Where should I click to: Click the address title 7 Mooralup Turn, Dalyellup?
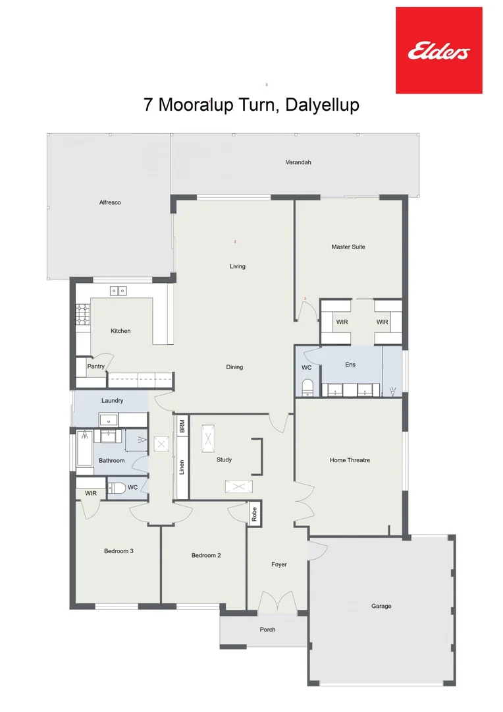(251, 105)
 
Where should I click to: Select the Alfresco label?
(110, 202)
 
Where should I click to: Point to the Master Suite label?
(348, 247)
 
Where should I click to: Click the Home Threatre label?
(350, 460)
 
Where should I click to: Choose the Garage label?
(381, 606)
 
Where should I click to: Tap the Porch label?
(267, 630)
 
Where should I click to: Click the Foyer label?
(279, 564)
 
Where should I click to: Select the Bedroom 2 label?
(206, 555)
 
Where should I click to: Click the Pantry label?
(96, 366)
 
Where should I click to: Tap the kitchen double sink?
(119, 290)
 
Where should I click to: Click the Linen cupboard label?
(182, 467)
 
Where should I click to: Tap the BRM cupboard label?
(182, 427)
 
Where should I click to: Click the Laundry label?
(113, 400)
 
